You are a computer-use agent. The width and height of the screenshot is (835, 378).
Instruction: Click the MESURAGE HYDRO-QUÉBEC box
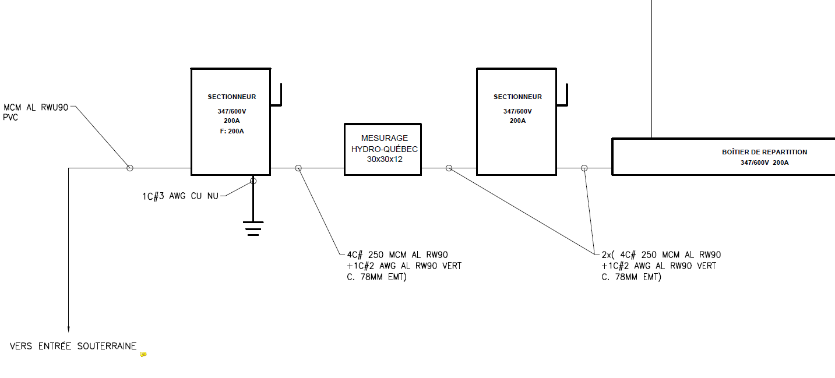[x=382, y=149]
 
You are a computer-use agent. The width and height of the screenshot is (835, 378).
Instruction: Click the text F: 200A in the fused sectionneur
[x=231, y=131]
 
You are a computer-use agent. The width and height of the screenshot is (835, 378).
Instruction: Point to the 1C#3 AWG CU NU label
[x=181, y=196]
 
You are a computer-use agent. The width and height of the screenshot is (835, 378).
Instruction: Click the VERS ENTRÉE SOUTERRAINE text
[x=73, y=347]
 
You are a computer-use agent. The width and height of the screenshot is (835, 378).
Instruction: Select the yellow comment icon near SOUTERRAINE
[x=143, y=354]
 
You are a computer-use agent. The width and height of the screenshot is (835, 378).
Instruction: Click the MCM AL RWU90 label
[x=37, y=107]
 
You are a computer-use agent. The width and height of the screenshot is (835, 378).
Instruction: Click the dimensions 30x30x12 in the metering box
[x=382, y=158]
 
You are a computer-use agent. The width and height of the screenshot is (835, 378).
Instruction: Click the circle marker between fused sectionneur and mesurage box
[x=298, y=168]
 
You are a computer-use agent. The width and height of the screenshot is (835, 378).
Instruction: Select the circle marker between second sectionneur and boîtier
[x=584, y=168]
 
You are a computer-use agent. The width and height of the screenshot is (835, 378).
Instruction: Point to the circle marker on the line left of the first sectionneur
[x=130, y=168]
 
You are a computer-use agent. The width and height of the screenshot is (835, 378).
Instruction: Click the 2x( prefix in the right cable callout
[x=608, y=255]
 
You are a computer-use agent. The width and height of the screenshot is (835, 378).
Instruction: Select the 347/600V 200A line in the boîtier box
[x=764, y=162]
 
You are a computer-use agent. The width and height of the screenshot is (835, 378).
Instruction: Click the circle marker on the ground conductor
[x=253, y=181]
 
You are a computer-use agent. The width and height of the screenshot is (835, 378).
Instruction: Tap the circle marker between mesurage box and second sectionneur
[x=449, y=168]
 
